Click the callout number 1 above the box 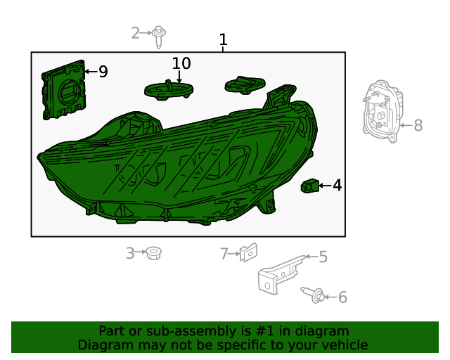(x=224, y=40)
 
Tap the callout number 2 (x=136, y=32)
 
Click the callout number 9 (x=103, y=72)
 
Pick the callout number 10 (x=181, y=63)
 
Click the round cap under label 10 (x=169, y=89)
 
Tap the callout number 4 (x=337, y=186)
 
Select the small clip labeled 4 (x=309, y=186)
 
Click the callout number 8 (x=418, y=126)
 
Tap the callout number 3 (x=130, y=253)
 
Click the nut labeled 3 (x=152, y=252)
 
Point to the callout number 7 (x=224, y=254)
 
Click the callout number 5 (x=323, y=257)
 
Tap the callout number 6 (x=342, y=297)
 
